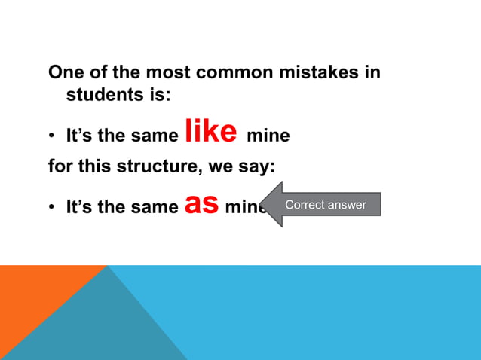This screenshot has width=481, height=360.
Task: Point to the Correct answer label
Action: (326, 204)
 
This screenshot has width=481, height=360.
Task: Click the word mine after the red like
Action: (268, 137)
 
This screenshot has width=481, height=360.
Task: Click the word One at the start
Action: (65, 73)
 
